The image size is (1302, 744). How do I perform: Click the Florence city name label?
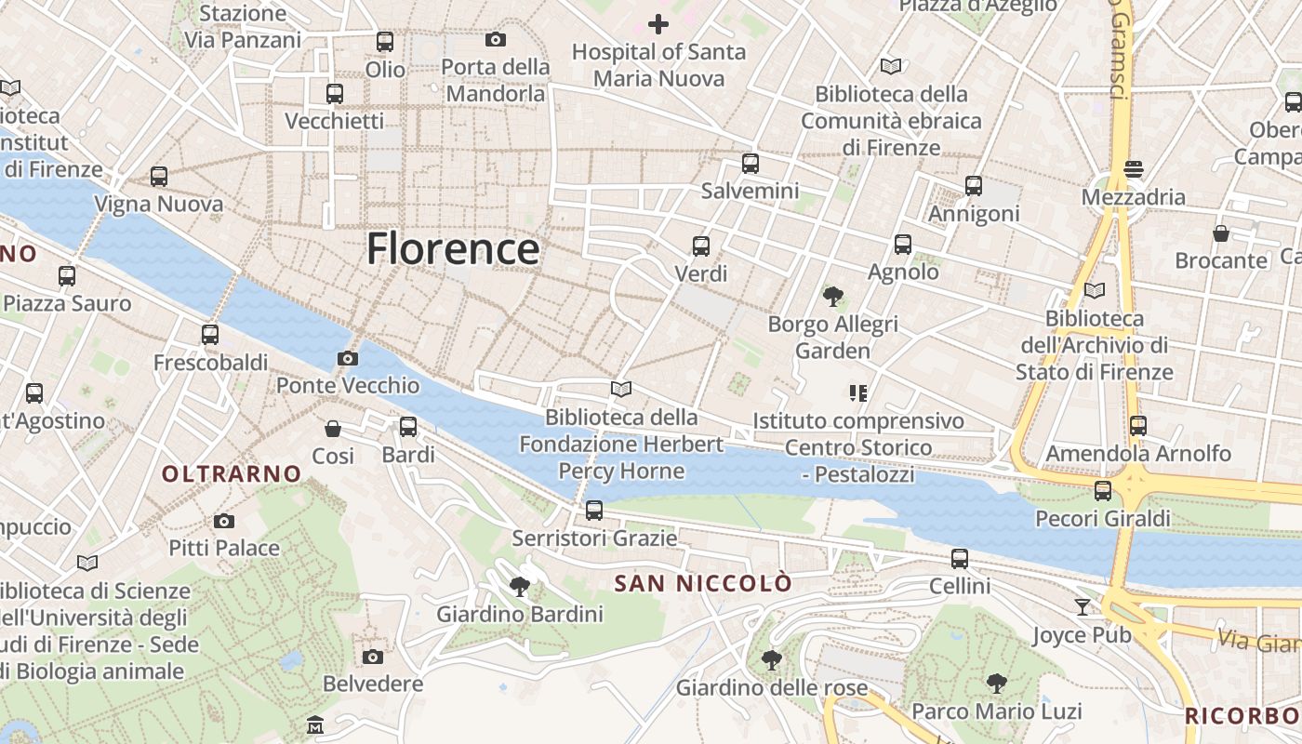click(x=453, y=249)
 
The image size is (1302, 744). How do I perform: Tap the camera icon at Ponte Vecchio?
click(x=347, y=358)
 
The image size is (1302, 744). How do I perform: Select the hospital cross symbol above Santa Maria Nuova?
click(x=658, y=24)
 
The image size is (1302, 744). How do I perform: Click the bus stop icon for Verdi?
click(x=701, y=246)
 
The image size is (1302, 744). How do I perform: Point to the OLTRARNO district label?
click(x=232, y=474)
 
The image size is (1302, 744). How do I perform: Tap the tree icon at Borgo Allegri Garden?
click(x=833, y=297)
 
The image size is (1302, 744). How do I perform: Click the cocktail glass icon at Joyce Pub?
click(x=1082, y=607)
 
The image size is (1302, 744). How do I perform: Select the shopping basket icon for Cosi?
click(x=333, y=429)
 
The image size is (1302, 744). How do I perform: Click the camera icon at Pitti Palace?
click(x=224, y=521)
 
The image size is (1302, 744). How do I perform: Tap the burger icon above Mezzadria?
click(x=1133, y=169)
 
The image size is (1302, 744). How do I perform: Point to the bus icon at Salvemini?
click(x=751, y=164)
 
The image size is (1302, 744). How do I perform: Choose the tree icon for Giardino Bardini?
click(x=520, y=587)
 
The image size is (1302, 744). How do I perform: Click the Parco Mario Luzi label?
click(x=996, y=712)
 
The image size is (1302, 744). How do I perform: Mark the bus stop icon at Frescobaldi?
click(x=210, y=335)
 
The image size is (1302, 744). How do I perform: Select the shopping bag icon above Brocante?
click(x=1221, y=232)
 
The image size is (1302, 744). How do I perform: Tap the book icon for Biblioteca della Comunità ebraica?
click(x=891, y=66)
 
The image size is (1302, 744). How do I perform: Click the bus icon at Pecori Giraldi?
click(x=1103, y=490)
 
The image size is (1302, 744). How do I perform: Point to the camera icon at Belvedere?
click(x=373, y=657)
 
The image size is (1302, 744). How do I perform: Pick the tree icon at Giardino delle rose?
click(x=771, y=660)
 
